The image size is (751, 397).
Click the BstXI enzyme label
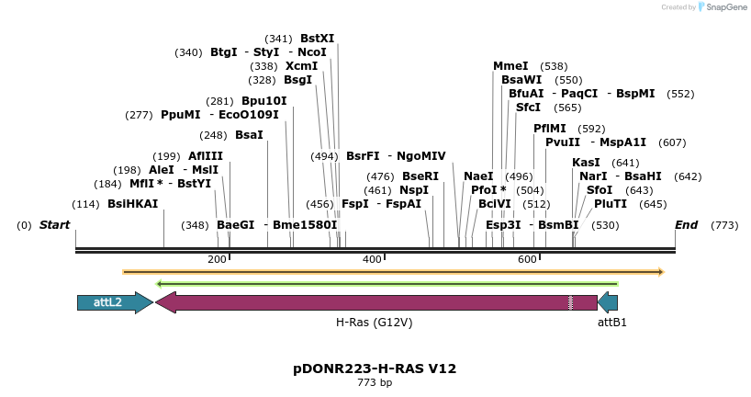[x=317, y=39]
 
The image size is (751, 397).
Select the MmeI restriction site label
[x=510, y=66]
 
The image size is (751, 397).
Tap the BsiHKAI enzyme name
[x=133, y=203]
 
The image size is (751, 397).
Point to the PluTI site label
[x=611, y=203]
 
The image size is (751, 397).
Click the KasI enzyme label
[x=586, y=163]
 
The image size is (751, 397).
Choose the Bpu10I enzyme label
[x=264, y=101]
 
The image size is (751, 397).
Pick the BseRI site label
[x=420, y=176]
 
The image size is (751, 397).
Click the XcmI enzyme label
[x=301, y=66]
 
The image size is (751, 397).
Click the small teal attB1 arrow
[x=608, y=302]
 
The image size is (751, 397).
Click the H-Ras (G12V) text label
[x=374, y=323]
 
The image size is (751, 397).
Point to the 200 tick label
[x=218, y=260]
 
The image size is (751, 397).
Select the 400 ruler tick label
[x=372, y=260]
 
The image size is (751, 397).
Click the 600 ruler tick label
[x=527, y=260]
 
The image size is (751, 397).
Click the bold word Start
[x=54, y=225]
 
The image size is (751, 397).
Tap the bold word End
[x=686, y=225]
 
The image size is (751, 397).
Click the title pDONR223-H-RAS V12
[x=375, y=369]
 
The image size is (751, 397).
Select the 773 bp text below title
[x=375, y=382]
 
